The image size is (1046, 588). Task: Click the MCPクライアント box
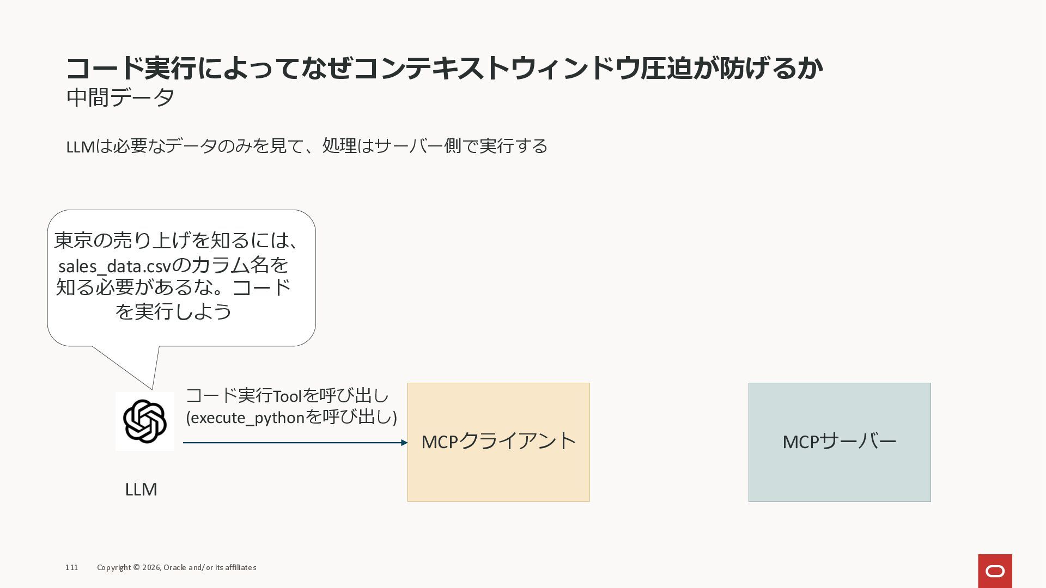pos(498,442)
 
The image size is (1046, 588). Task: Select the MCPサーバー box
pos(839,442)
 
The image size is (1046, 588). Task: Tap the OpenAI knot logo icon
pos(145,421)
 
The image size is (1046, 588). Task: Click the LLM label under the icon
pos(141,489)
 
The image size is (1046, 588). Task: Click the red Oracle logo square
pos(995,571)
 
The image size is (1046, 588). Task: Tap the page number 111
pos(71,567)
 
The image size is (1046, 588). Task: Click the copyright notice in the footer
pos(177,567)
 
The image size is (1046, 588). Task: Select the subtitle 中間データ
pos(120,97)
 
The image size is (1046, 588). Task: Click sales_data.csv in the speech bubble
pos(114,266)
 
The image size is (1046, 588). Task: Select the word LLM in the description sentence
pos(80,146)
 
